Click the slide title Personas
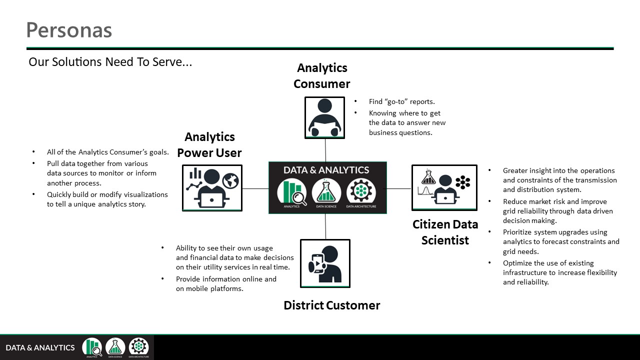coord(69,30)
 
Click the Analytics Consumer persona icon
coord(324,117)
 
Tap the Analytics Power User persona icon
coord(212,187)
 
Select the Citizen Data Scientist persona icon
coord(444,187)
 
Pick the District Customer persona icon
coord(325,263)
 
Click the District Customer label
coord(331,305)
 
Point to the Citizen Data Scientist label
coord(445,232)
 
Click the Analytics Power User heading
coord(209,144)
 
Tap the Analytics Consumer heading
coord(322,75)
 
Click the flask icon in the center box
coord(326,192)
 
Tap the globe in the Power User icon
coord(231,180)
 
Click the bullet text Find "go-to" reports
coord(401,101)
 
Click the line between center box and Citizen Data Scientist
coord(399,188)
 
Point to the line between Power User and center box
coord(255,188)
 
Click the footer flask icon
coord(115,346)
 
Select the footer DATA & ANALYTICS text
coord(40,347)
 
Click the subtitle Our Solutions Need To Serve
coord(110,62)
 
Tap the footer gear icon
coord(138,346)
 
